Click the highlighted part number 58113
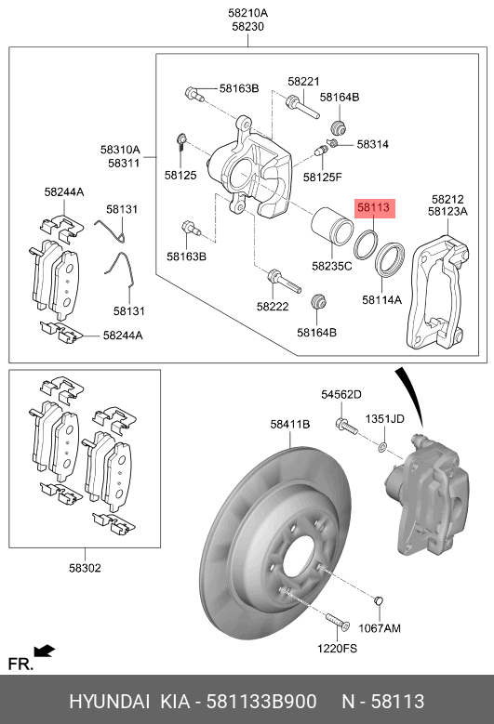tap(373, 208)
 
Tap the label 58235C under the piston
tap(332, 266)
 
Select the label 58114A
tap(381, 299)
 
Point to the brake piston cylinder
tap(332, 226)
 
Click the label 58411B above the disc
tap(289, 424)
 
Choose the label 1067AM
tap(380, 628)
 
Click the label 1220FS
tap(337, 649)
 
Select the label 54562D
tap(341, 394)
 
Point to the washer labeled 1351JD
tap(382, 447)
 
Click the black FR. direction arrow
tap(45, 652)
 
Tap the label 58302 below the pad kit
tap(85, 568)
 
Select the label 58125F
tap(323, 177)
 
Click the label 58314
tap(372, 144)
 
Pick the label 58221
tap(303, 81)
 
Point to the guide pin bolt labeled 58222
tap(284, 282)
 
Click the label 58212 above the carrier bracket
tap(447, 200)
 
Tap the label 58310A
tap(120, 150)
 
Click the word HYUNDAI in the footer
tap(110, 702)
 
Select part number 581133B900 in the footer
tap(261, 702)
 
